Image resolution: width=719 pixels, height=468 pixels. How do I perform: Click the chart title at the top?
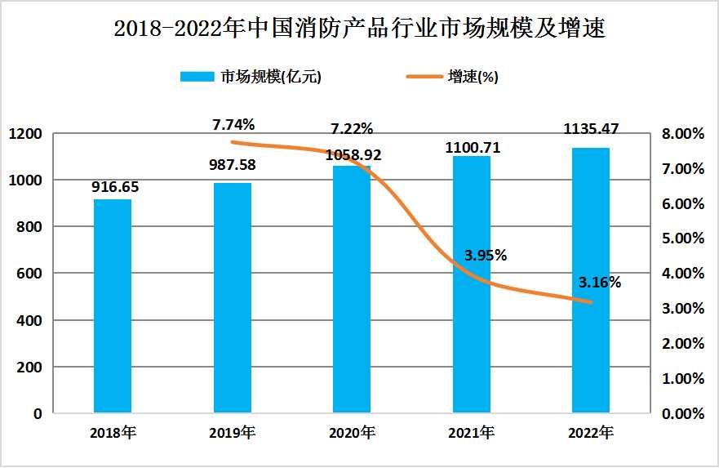point(359,29)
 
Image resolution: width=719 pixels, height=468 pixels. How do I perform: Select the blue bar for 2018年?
point(113,306)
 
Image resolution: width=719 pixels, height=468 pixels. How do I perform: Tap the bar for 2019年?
point(233,298)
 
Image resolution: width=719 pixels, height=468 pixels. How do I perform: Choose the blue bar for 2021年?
point(472,286)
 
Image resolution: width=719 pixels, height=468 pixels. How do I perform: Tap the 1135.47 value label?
point(591,129)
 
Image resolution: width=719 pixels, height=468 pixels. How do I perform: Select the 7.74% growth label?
point(233,125)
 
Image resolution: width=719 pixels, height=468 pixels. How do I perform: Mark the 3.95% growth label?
point(486,255)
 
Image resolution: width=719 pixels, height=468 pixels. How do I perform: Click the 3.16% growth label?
point(600,283)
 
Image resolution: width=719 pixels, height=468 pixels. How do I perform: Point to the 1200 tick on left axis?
point(26,133)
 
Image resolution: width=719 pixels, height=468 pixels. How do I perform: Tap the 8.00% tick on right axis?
point(682,134)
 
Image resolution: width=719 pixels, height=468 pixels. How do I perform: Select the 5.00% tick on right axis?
point(682,239)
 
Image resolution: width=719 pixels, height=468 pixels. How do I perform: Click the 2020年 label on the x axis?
point(352,432)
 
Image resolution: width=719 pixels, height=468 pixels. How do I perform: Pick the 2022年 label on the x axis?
point(591,432)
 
